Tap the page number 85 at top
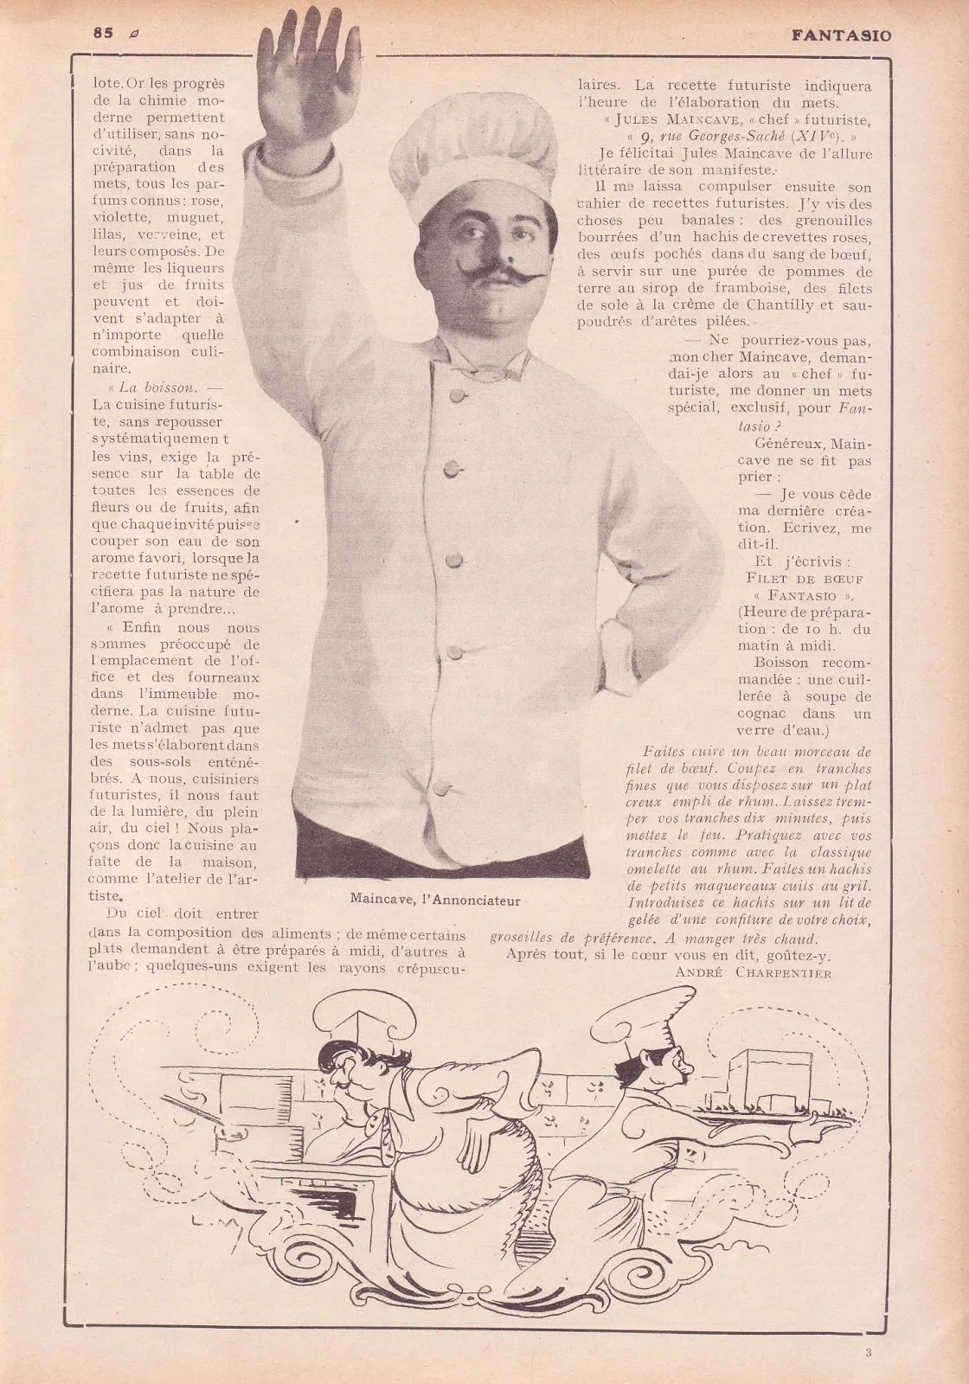[104, 34]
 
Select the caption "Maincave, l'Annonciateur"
[435, 900]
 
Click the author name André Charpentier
[751, 973]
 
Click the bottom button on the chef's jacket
[440, 788]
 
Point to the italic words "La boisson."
[157, 388]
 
